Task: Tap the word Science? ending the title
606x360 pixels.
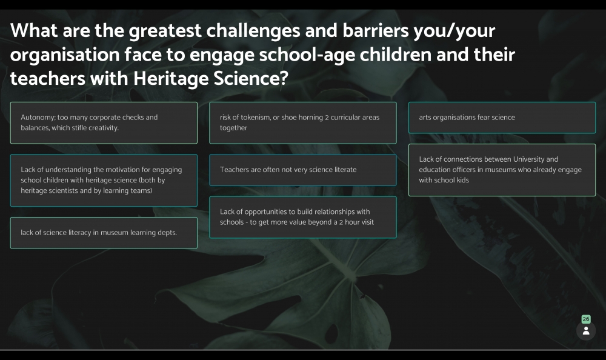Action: [251, 78]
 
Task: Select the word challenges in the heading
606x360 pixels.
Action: [253, 32]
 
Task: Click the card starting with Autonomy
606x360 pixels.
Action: [104, 123]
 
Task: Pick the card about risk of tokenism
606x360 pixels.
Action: [303, 123]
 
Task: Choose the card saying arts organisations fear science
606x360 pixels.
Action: [502, 118]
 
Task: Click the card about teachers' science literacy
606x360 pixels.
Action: [303, 170]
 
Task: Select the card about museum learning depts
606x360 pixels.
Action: [104, 233]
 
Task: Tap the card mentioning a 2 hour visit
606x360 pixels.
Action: [303, 218]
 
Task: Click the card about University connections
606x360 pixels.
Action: [502, 170]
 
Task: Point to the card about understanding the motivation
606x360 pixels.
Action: [104, 180]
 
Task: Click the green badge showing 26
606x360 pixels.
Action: [586, 319]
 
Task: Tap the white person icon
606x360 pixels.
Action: [586, 331]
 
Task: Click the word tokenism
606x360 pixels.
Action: [256, 118]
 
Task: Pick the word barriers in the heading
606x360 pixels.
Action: [375, 31]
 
